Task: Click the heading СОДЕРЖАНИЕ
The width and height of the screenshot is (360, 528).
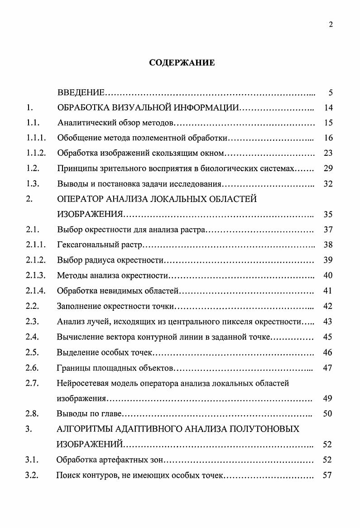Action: pos(182,63)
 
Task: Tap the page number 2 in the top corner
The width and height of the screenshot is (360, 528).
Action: pos(331,24)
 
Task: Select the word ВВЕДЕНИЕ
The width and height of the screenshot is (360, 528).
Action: pos(81,93)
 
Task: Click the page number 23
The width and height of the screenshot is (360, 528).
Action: pos(328,154)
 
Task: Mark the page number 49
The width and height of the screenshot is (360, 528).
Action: pos(328,399)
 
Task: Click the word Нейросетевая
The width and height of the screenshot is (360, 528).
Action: pos(81,384)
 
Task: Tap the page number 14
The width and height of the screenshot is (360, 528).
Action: pos(328,108)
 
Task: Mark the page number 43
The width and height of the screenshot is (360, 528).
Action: pos(328,322)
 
